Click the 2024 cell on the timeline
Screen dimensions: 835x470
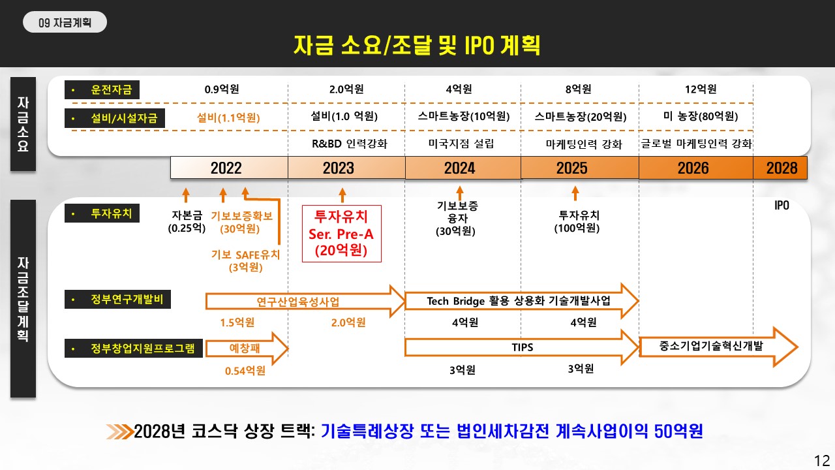pyautogui.click(x=463, y=168)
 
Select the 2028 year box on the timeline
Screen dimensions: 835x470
pyautogui.click(x=780, y=168)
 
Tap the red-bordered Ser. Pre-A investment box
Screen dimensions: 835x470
pyautogui.click(x=342, y=234)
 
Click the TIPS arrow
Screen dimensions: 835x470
pyautogui.click(x=522, y=347)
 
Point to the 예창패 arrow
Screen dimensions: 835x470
pyautogui.click(x=247, y=349)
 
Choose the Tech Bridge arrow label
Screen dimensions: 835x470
pyautogui.click(x=519, y=301)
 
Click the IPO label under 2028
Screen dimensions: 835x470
pyautogui.click(x=782, y=205)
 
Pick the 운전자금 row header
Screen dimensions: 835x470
pyautogui.click(x=102, y=90)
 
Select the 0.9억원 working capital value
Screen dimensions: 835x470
pyautogui.click(x=222, y=89)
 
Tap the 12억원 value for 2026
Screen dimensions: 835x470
pyautogui.click(x=701, y=89)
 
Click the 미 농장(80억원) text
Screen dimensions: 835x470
pyautogui.click(x=701, y=116)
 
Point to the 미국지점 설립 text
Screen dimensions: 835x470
pyautogui.click(x=461, y=144)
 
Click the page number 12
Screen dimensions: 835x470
pyautogui.click(x=822, y=461)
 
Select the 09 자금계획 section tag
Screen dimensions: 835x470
pyautogui.click(x=65, y=22)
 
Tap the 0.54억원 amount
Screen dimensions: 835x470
pyautogui.click(x=245, y=371)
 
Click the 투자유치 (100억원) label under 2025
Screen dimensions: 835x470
pyautogui.click(x=577, y=221)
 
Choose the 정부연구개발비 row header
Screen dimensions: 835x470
pyautogui.click(x=118, y=299)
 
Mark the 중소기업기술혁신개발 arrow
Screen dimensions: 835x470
pyautogui.click(x=718, y=347)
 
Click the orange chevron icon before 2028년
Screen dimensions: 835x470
pyautogui.click(x=119, y=431)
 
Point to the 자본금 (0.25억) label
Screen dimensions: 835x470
pyautogui.click(x=187, y=221)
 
